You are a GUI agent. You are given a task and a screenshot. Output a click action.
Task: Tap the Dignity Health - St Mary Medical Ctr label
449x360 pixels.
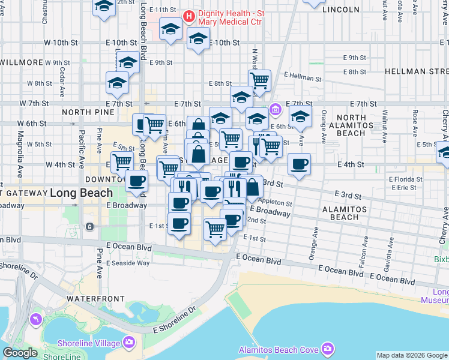[231, 17]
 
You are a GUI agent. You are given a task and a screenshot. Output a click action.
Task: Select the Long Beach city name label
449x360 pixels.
[81, 193]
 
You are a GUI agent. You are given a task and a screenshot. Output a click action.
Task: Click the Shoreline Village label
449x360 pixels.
[90, 343]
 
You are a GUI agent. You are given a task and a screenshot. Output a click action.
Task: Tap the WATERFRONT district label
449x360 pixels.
[95, 298]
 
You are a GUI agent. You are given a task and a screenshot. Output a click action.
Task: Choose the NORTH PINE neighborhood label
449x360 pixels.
[88, 112]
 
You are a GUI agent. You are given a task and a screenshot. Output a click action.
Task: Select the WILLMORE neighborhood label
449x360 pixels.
[22, 62]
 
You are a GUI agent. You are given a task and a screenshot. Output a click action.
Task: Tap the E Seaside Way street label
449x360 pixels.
[128, 263]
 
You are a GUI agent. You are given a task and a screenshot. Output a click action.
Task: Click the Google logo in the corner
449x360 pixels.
[20, 353]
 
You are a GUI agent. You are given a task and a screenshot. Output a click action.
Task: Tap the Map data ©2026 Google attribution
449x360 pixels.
[412, 355]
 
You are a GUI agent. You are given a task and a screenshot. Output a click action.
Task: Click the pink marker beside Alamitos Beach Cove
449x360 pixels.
[327, 349]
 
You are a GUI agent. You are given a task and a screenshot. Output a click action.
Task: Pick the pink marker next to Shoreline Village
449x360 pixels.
[129, 343]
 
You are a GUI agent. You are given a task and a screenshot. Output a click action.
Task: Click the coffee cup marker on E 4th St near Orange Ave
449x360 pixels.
[299, 164]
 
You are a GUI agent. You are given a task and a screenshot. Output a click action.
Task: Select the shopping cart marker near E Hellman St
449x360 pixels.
[260, 80]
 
